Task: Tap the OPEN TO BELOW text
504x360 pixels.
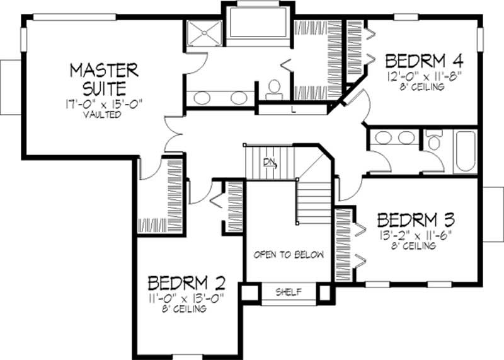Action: pos(289,255)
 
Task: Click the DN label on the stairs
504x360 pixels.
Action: pos(270,162)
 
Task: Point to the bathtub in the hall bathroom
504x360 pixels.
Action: pos(466,151)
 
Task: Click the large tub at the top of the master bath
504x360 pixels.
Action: pos(256,23)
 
